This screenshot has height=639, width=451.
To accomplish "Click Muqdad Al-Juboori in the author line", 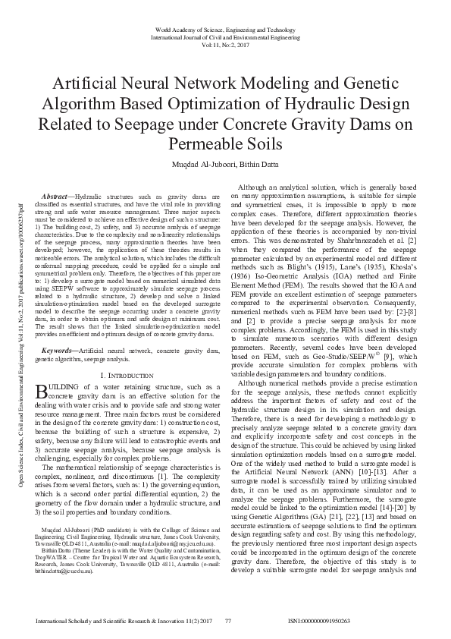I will click(199, 162).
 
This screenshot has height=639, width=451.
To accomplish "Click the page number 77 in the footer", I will click(228, 622).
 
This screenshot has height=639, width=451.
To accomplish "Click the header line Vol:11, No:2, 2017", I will click(225, 45).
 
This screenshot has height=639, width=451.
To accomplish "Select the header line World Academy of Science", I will click(225, 28).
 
